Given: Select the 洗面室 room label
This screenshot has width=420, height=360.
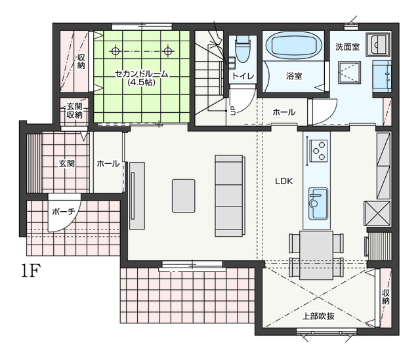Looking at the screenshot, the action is (347, 47).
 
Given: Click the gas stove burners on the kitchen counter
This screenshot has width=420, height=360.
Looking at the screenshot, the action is (318, 151).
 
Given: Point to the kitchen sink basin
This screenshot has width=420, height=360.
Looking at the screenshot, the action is (318, 203).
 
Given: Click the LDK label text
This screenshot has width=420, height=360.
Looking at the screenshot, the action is (284, 181).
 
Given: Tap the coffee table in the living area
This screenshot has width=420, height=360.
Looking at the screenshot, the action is (184, 196).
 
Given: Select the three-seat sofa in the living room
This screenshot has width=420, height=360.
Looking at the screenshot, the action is (230, 195).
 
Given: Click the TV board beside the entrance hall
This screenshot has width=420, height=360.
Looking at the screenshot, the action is (137, 195).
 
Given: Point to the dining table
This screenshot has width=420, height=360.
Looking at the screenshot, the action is (316, 255).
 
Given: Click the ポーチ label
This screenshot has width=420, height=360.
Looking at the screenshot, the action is (64, 211).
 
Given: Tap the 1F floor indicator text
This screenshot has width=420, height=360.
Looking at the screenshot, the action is (31, 271).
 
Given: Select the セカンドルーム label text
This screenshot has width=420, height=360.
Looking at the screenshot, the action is (142, 73).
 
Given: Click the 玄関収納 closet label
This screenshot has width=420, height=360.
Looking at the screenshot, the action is (74, 111).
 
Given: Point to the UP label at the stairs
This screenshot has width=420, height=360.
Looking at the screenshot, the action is (233, 111).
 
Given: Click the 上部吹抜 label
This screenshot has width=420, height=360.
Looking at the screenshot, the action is (318, 316).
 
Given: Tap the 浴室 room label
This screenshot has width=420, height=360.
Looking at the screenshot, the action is (294, 76).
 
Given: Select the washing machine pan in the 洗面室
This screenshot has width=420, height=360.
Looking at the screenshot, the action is (349, 73).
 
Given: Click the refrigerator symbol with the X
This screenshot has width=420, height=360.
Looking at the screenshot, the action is (377, 213).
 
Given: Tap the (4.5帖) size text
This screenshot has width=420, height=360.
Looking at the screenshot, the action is (142, 82).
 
